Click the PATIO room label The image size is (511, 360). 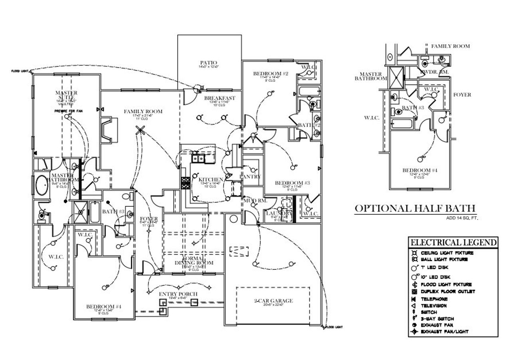point(209,63)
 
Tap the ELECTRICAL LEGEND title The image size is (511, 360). point(454,242)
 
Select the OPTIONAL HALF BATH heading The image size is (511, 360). point(415,208)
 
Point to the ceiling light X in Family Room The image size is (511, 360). point(140,129)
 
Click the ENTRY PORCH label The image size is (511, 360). point(178,294)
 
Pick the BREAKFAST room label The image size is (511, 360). point(220,98)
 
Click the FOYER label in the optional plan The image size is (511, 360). point(462,95)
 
